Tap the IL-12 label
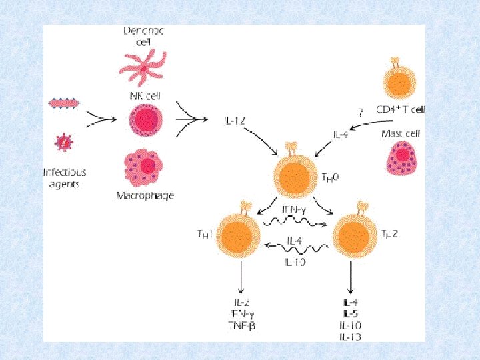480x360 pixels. pos(235,120)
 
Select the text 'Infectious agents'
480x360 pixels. pos(65,177)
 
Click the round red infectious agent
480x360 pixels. pos(64,141)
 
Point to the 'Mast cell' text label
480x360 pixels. pos(400,133)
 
